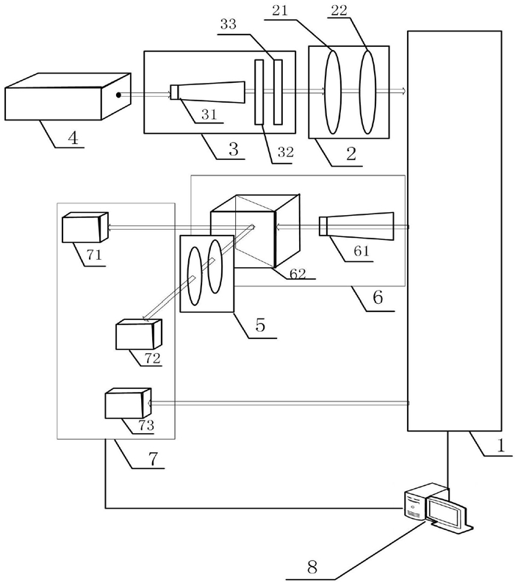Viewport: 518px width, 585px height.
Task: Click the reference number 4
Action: (x=73, y=138)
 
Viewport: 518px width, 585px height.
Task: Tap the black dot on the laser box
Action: (x=118, y=95)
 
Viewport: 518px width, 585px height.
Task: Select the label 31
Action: (x=209, y=115)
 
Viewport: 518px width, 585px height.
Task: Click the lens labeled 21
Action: (x=332, y=92)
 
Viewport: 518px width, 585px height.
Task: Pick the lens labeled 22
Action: (x=367, y=92)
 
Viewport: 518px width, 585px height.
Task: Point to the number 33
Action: (x=229, y=25)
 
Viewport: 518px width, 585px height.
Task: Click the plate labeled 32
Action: (x=259, y=92)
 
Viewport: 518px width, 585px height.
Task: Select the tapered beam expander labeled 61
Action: (x=356, y=227)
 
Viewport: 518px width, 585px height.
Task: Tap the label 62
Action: (x=298, y=275)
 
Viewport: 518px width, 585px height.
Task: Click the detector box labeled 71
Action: (x=85, y=228)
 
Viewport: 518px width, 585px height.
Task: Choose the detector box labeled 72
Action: (x=139, y=334)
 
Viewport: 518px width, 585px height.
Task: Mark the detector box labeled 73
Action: (x=129, y=403)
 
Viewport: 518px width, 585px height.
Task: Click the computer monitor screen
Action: (x=445, y=511)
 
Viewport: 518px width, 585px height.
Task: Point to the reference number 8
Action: (x=312, y=567)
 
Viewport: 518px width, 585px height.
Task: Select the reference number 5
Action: (x=260, y=325)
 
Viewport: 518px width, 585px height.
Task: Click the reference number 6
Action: (x=378, y=297)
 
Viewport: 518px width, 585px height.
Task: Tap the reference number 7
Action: (x=154, y=459)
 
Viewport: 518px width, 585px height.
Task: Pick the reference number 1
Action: (x=500, y=445)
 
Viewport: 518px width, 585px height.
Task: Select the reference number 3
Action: (x=234, y=149)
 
